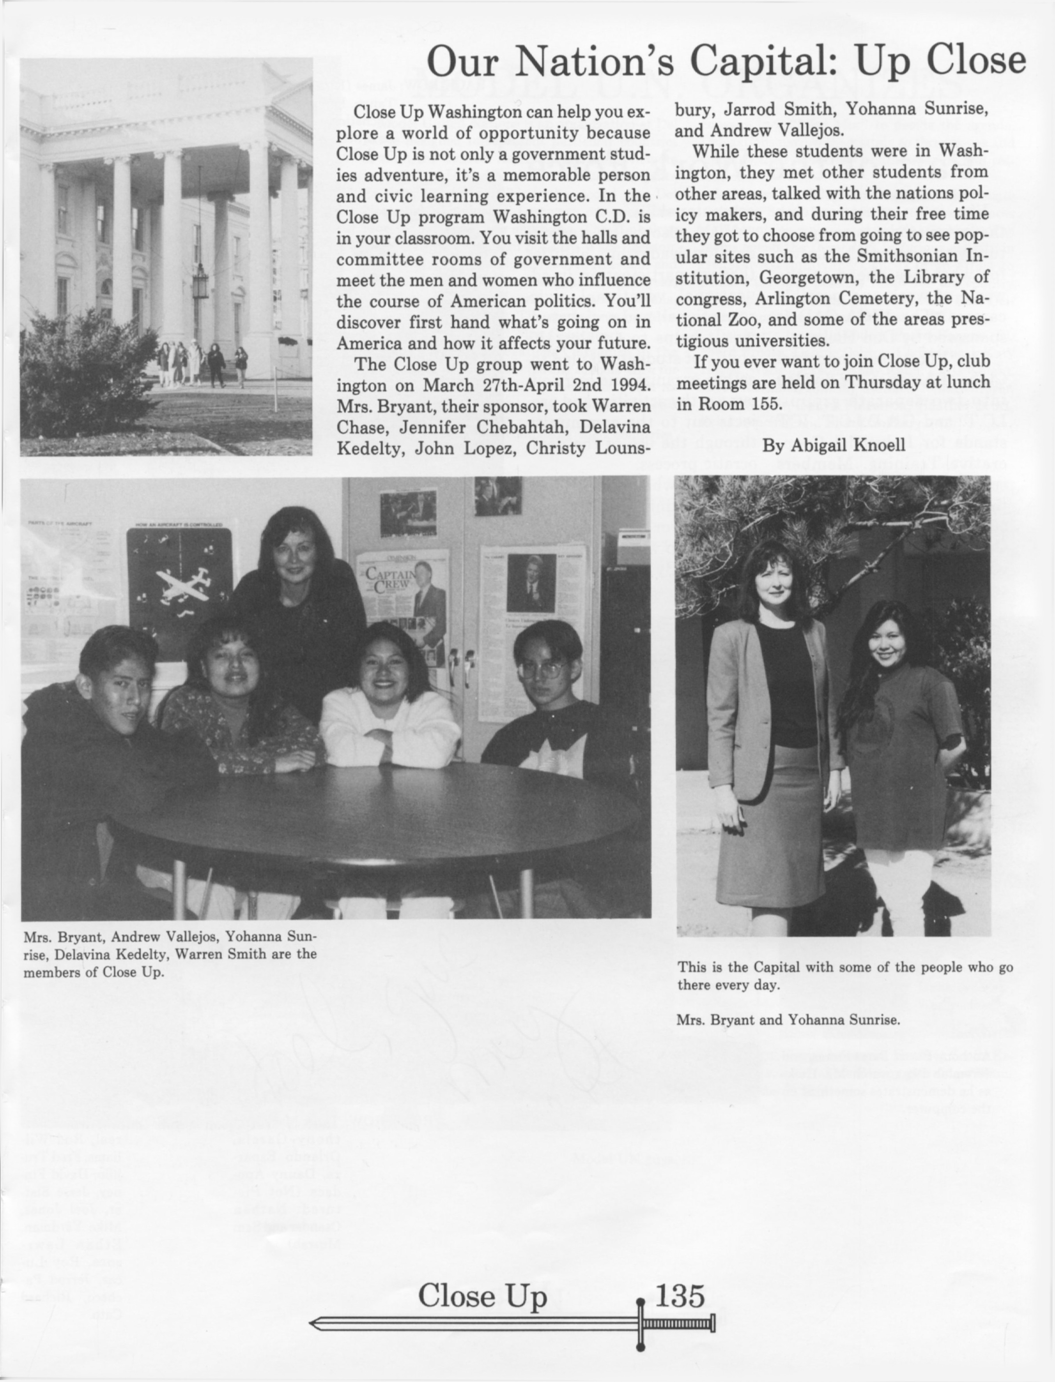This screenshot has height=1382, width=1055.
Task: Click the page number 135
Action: [680, 1293]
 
